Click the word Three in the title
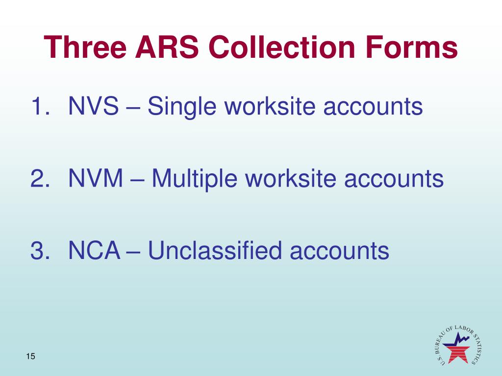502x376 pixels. pos(83,48)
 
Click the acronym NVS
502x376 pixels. pos(94,106)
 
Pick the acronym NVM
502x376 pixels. pos(96,179)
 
